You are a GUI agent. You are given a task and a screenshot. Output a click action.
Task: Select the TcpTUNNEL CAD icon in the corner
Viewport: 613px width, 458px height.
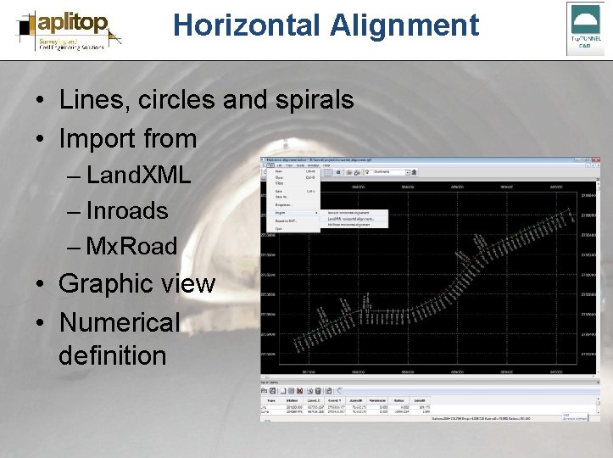tap(585, 28)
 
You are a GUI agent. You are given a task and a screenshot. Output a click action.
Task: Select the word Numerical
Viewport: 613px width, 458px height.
tap(120, 322)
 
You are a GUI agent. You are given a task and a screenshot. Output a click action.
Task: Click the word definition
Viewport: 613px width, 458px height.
tap(113, 355)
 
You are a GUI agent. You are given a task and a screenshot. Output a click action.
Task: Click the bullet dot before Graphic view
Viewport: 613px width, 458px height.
tap(40, 284)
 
